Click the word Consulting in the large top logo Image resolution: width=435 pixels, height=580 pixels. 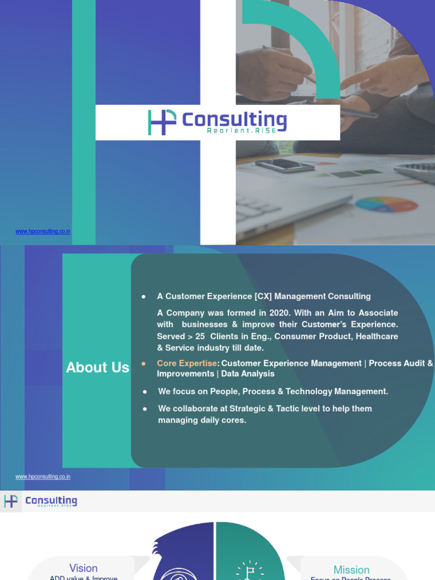[234, 120]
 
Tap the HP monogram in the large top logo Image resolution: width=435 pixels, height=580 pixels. [162, 122]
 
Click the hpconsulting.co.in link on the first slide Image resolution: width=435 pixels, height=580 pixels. [43, 232]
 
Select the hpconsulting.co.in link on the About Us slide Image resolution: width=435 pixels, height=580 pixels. [43, 477]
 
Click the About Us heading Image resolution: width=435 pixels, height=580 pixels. [97, 368]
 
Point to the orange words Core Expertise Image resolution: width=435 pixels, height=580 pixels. [187, 363]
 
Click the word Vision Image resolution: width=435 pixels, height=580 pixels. [83, 568]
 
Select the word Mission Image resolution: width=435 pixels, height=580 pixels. [351, 570]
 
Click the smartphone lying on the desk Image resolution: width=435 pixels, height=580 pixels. [284, 165]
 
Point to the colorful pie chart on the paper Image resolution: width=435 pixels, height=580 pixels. [386, 204]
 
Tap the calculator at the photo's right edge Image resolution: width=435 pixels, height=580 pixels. [417, 170]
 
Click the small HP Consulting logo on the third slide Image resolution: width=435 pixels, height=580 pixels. [40, 501]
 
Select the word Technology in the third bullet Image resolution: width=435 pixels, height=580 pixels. [309, 391]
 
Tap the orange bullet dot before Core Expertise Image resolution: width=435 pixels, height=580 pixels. [144, 363]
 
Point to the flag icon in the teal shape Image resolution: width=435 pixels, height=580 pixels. [249, 571]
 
